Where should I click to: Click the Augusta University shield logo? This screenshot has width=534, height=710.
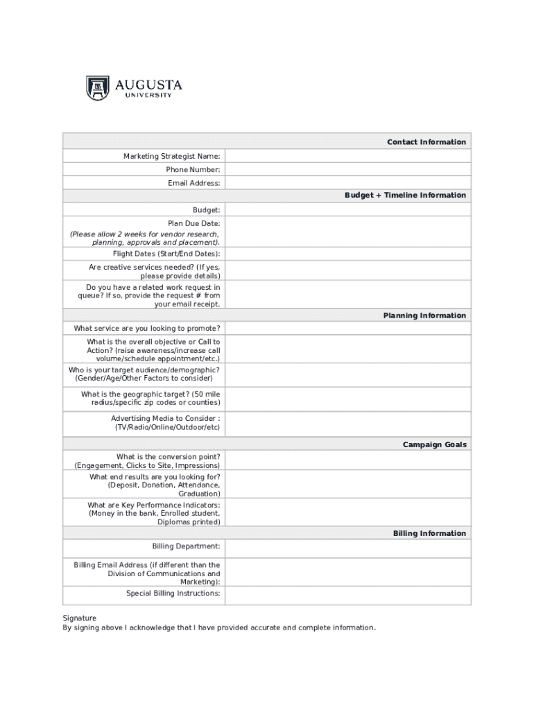pyautogui.click(x=98, y=88)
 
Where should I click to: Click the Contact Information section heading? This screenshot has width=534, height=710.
pyautogui.click(x=426, y=142)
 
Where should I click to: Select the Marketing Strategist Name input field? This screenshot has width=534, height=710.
pyautogui.click(x=347, y=156)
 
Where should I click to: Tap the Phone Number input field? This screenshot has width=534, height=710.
pyautogui.click(x=347, y=170)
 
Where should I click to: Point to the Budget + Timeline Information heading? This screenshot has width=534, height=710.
pyautogui.click(x=405, y=196)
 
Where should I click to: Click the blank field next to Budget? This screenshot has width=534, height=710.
pyautogui.click(x=347, y=209)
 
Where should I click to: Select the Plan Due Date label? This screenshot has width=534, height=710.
pyautogui.click(x=194, y=223)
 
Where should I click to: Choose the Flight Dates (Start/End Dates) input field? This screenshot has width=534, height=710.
pyautogui.click(x=347, y=254)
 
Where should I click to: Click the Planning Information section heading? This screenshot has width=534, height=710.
pyautogui.click(x=424, y=315)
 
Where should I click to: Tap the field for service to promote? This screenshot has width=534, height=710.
pyautogui.click(x=347, y=329)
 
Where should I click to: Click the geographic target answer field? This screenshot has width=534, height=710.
pyautogui.click(x=347, y=399)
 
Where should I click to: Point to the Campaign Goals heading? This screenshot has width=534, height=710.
pyautogui.click(x=434, y=444)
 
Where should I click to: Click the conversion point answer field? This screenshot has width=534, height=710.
pyautogui.click(x=347, y=461)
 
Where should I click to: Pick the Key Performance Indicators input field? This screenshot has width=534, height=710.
pyautogui.click(x=347, y=513)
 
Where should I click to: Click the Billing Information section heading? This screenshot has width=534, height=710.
pyautogui.click(x=429, y=533)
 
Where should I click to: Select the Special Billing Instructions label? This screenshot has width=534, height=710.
pyautogui.click(x=173, y=594)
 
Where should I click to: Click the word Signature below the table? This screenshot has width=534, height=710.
pyautogui.click(x=79, y=618)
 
